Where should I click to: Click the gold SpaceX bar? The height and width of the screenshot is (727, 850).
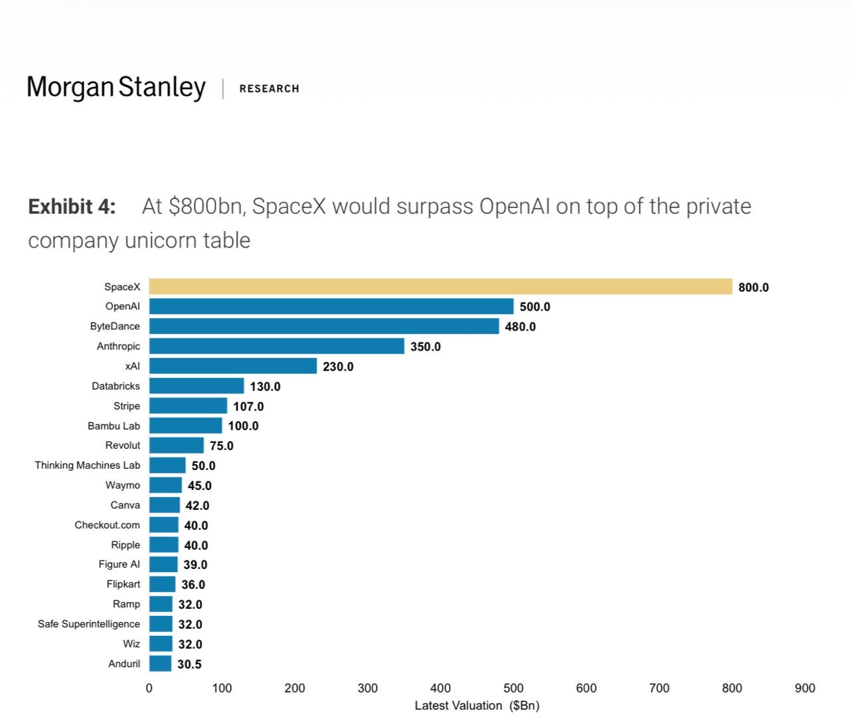(440, 287)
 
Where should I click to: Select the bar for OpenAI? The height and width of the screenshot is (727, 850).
(331, 306)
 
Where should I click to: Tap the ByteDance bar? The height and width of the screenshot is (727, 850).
(324, 326)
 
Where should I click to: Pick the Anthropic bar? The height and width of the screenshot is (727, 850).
(277, 346)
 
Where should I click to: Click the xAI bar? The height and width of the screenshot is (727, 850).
(233, 366)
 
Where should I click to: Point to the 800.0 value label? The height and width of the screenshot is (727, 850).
(753, 287)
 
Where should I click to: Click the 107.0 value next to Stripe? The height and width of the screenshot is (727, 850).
(248, 406)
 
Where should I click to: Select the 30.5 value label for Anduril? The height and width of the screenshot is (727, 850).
(189, 664)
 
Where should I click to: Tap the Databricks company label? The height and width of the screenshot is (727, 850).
(116, 386)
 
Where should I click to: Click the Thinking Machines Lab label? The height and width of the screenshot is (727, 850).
(88, 465)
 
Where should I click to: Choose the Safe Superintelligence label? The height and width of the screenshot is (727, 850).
(89, 624)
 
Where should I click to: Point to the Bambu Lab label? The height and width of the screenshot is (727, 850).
(114, 426)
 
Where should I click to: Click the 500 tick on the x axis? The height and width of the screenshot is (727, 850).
(513, 688)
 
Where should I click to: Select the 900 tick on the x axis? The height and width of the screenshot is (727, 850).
(805, 688)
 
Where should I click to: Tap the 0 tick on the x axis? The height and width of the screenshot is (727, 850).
(149, 688)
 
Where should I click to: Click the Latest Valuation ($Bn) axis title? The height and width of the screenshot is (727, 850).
(477, 706)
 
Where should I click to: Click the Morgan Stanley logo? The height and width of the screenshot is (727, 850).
(116, 87)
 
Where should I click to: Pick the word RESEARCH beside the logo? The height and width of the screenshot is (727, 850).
(269, 89)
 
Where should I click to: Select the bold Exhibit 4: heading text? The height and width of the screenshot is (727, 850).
(72, 206)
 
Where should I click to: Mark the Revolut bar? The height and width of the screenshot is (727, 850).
(177, 445)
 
